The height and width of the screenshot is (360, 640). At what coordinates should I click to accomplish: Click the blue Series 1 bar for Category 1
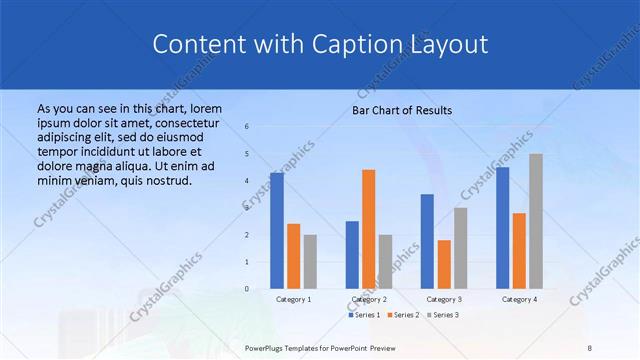click(276, 231)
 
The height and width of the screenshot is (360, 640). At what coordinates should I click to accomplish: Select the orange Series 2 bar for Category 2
click(368, 229)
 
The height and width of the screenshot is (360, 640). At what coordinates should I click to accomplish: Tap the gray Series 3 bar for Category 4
click(536, 221)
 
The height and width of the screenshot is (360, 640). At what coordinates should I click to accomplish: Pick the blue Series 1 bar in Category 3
click(427, 241)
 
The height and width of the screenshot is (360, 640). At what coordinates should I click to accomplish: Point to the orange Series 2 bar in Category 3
click(444, 264)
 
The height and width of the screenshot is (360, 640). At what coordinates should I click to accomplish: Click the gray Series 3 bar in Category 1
click(310, 262)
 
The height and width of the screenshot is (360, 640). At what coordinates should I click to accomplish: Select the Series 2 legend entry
click(403, 315)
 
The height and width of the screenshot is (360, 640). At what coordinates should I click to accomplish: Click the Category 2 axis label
click(368, 299)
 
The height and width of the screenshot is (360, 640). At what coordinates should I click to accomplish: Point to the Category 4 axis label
click(519, 299)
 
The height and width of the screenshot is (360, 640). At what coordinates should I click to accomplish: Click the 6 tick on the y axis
click(247, 127)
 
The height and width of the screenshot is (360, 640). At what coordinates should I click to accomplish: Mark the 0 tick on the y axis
click(247, 289)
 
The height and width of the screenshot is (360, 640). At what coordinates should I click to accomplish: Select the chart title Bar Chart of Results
click(402, 110)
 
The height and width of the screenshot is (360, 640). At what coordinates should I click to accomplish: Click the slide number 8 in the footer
click(590, 347)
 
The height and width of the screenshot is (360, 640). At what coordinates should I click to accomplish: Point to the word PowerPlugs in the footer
click(266, 347)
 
